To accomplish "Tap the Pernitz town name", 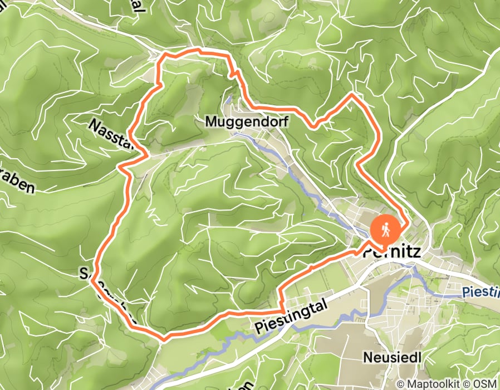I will (x=392, y=252).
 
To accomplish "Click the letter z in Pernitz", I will (x=417, y=252).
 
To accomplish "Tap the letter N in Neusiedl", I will (x=367, y=356).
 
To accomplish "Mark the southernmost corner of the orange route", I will (x=164, y=337).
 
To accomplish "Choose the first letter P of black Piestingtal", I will (x=260, y=329).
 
